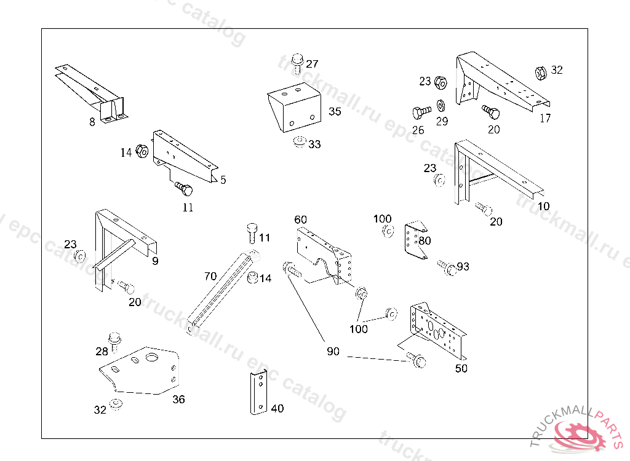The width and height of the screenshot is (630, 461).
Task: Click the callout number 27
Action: pos(313,64)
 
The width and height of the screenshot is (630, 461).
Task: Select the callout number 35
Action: pos(335,111)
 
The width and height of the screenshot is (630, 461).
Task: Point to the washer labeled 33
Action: pos(299,142)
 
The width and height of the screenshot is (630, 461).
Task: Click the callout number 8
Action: pos(92,122)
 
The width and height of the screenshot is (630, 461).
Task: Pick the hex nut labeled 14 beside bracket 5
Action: pos(141,151)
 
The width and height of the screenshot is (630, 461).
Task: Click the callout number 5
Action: pos(223,180)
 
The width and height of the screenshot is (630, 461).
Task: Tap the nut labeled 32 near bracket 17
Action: pos(540,72)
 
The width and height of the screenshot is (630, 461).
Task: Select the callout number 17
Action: pos(545,119)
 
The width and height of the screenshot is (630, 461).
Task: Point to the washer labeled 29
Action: pos(442,104)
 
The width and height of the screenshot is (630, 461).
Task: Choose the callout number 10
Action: pos(544,207)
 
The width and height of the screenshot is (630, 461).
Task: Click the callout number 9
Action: pos(155,261)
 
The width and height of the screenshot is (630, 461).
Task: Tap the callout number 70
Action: pos(210,277)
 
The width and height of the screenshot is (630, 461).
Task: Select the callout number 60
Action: pos(300,219)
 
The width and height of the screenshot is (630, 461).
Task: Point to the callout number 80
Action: pos(425,241)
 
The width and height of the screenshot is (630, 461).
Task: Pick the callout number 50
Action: pos(461,368)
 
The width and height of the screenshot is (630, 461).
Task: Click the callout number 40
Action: pos(277,408)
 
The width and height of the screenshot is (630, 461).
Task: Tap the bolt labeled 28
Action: pos(114,339)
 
